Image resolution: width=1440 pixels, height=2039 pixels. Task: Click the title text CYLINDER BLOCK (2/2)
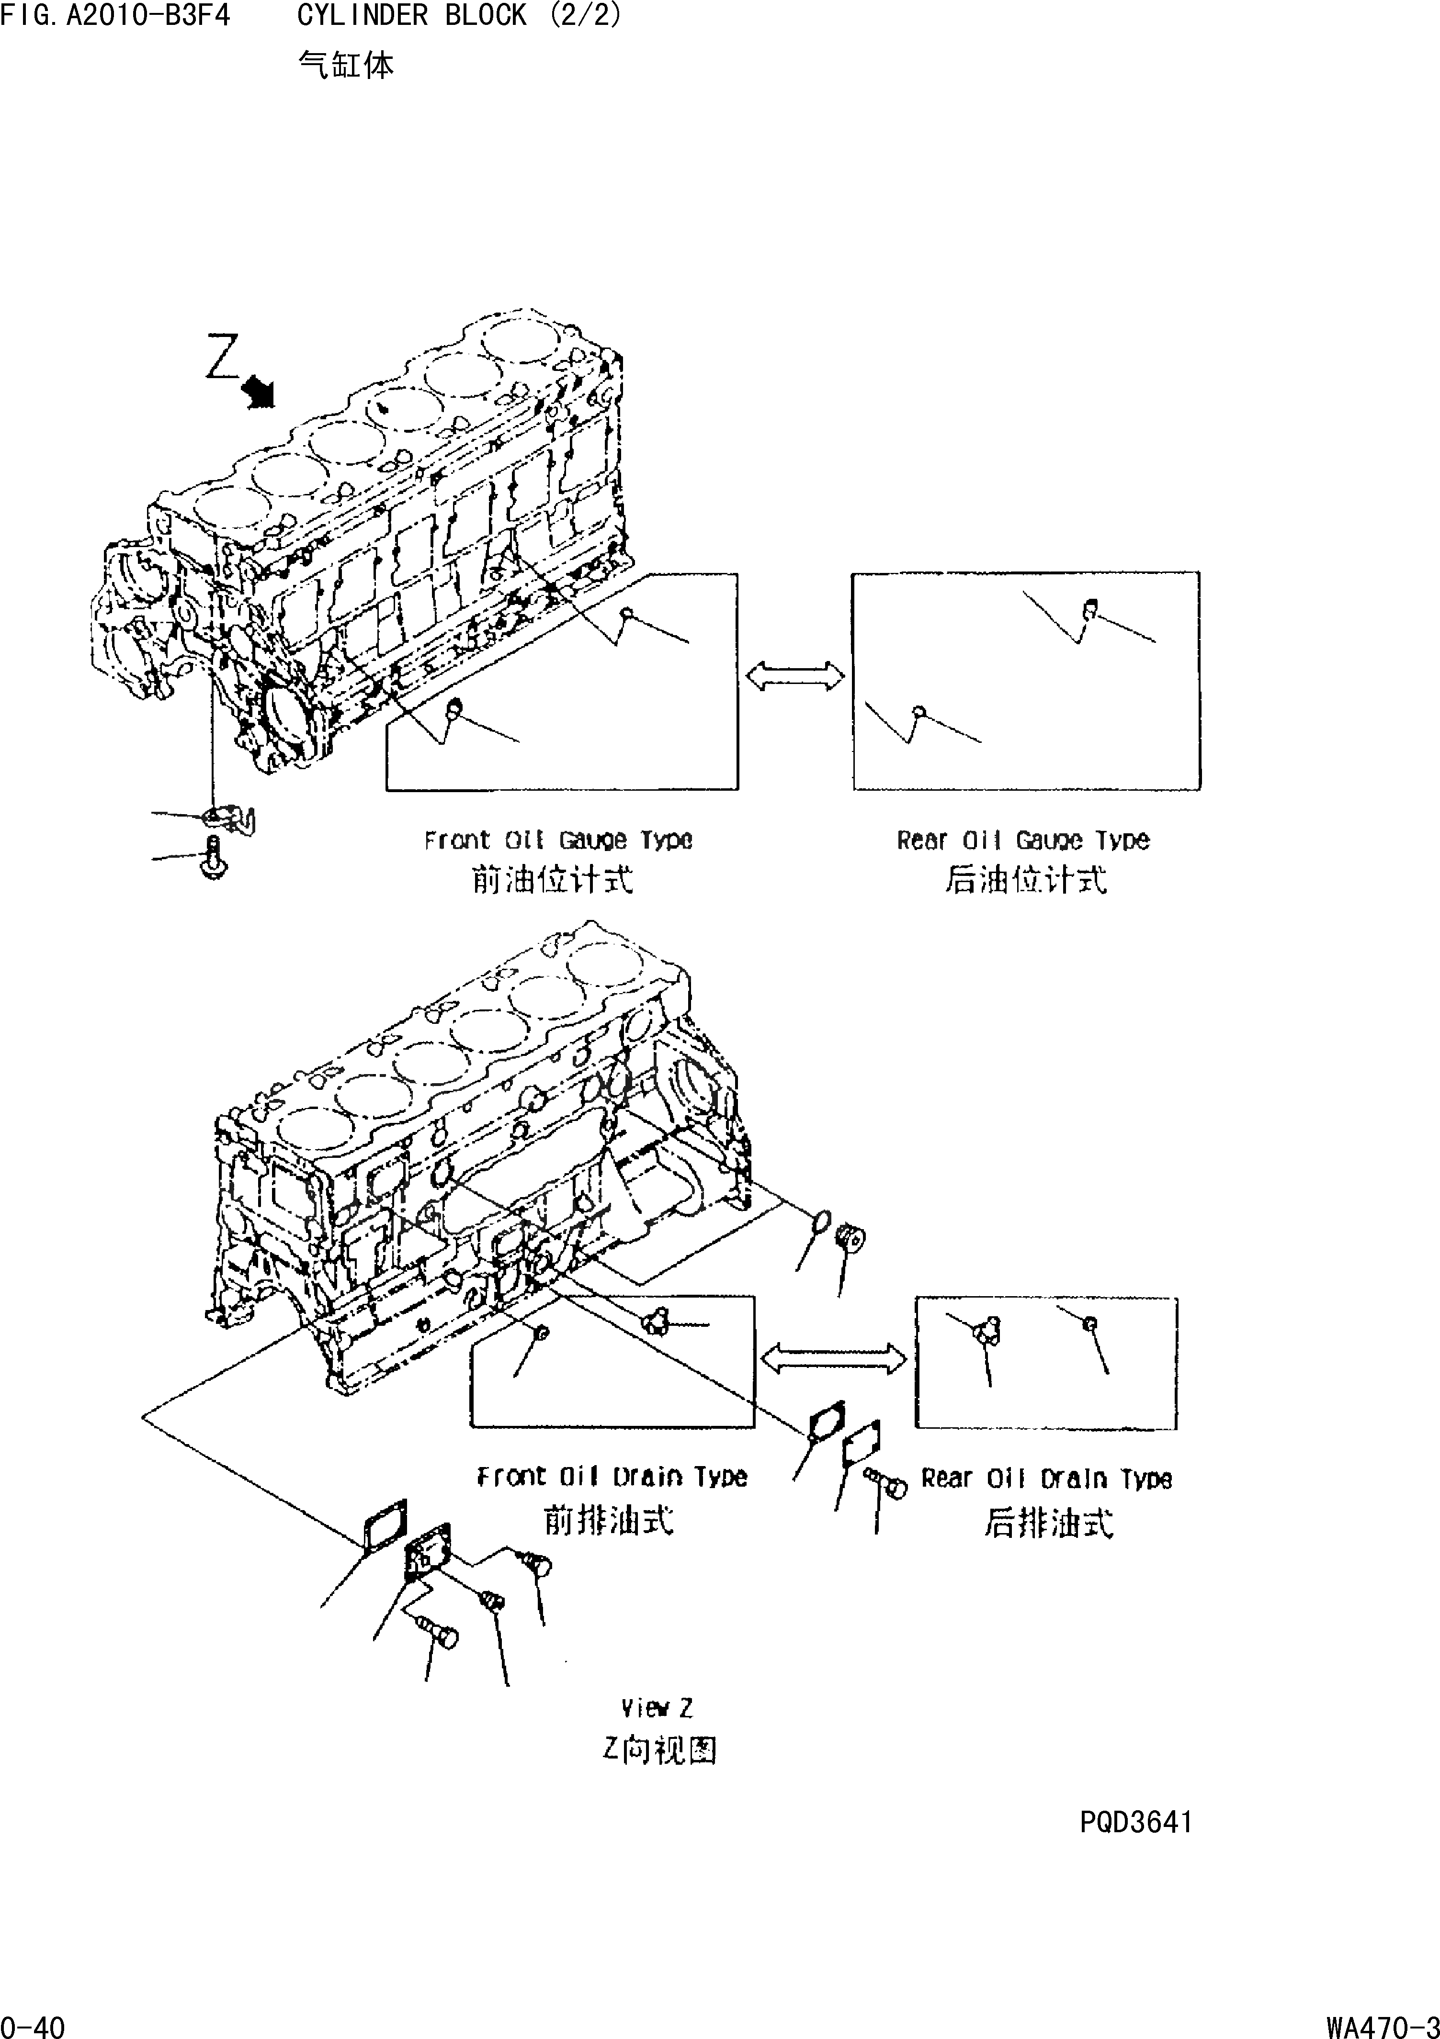(x=459, y=15)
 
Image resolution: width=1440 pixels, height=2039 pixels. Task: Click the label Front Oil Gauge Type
(x=558, y=840)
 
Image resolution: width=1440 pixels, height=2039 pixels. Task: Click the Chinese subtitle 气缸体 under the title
(x=346, y=64)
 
